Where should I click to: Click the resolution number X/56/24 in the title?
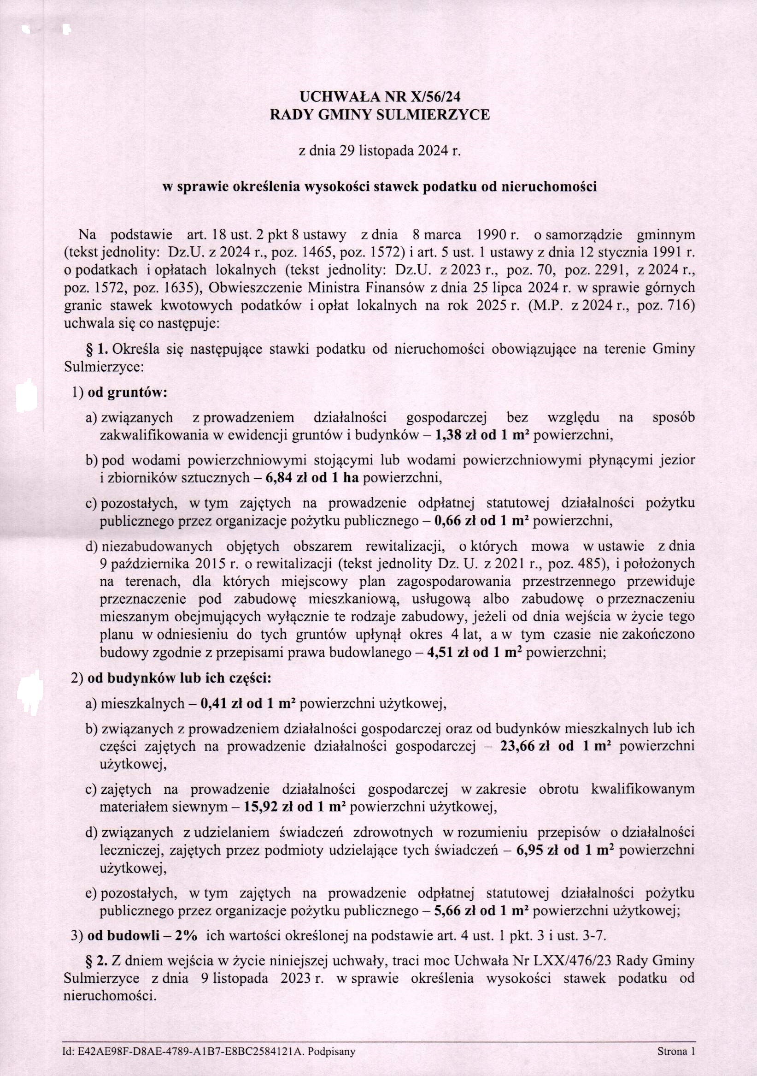tap(435, 96)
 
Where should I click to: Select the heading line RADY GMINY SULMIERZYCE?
tap(380, 115)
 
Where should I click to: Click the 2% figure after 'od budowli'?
tap(185, 936)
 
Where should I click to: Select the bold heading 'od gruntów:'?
tap(127, 392)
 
